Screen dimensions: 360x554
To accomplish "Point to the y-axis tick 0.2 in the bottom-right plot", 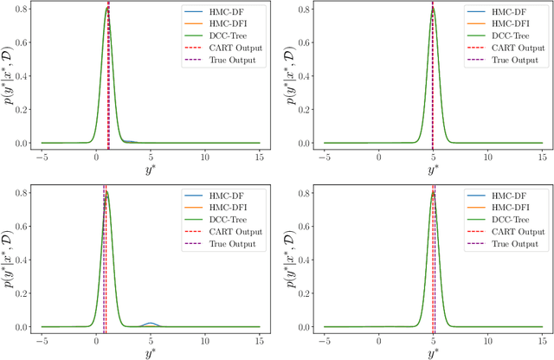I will (306, 294).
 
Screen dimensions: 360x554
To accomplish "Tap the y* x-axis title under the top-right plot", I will (432, 170).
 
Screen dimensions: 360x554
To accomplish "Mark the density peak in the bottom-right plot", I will (432, 193).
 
